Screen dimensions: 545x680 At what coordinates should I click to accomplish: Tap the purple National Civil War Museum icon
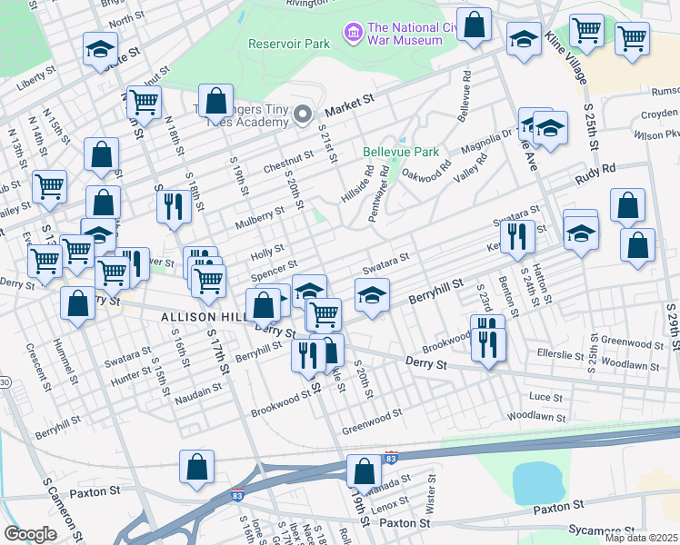coord(353,34)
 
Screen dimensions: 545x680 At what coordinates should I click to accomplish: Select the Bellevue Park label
coord(400,151)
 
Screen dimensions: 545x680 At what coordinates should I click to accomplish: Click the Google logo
coord(30,534)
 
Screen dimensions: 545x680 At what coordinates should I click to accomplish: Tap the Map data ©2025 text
coord(641,539)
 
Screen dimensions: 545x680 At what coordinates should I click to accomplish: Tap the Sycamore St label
coord(600,529)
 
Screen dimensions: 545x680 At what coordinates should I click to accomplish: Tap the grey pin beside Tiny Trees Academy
coord(303,114)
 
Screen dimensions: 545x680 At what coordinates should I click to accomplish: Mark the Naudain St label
coord(200,390)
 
